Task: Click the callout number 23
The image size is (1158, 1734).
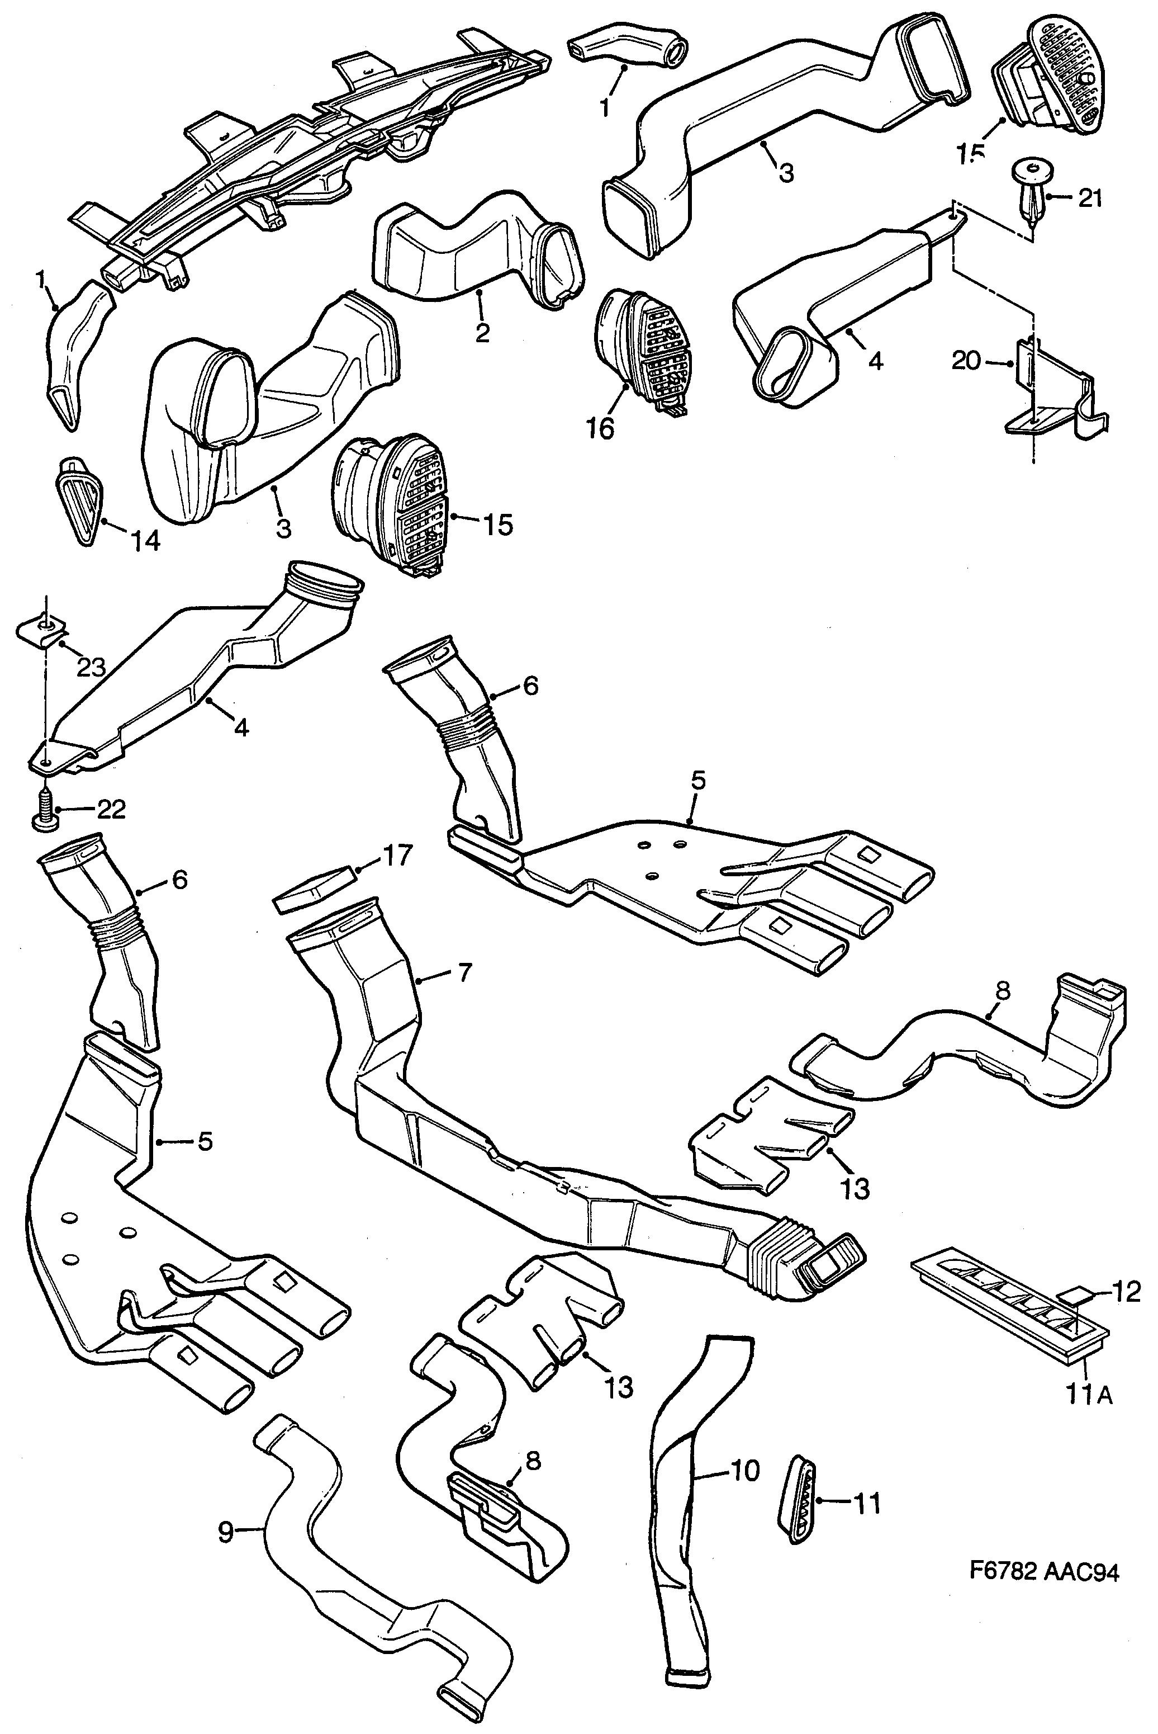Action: pyautogui.click(x=92, y=668)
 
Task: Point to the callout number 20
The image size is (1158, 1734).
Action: pyautogui.click(x=966, y=361)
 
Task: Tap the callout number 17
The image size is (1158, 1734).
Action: pyautogui.click(x=397, y=857)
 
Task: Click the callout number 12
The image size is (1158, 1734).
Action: pyautogui.click(x=1126, y=1292)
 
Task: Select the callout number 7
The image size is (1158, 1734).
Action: pyautogui.click(x=463, y=974)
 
